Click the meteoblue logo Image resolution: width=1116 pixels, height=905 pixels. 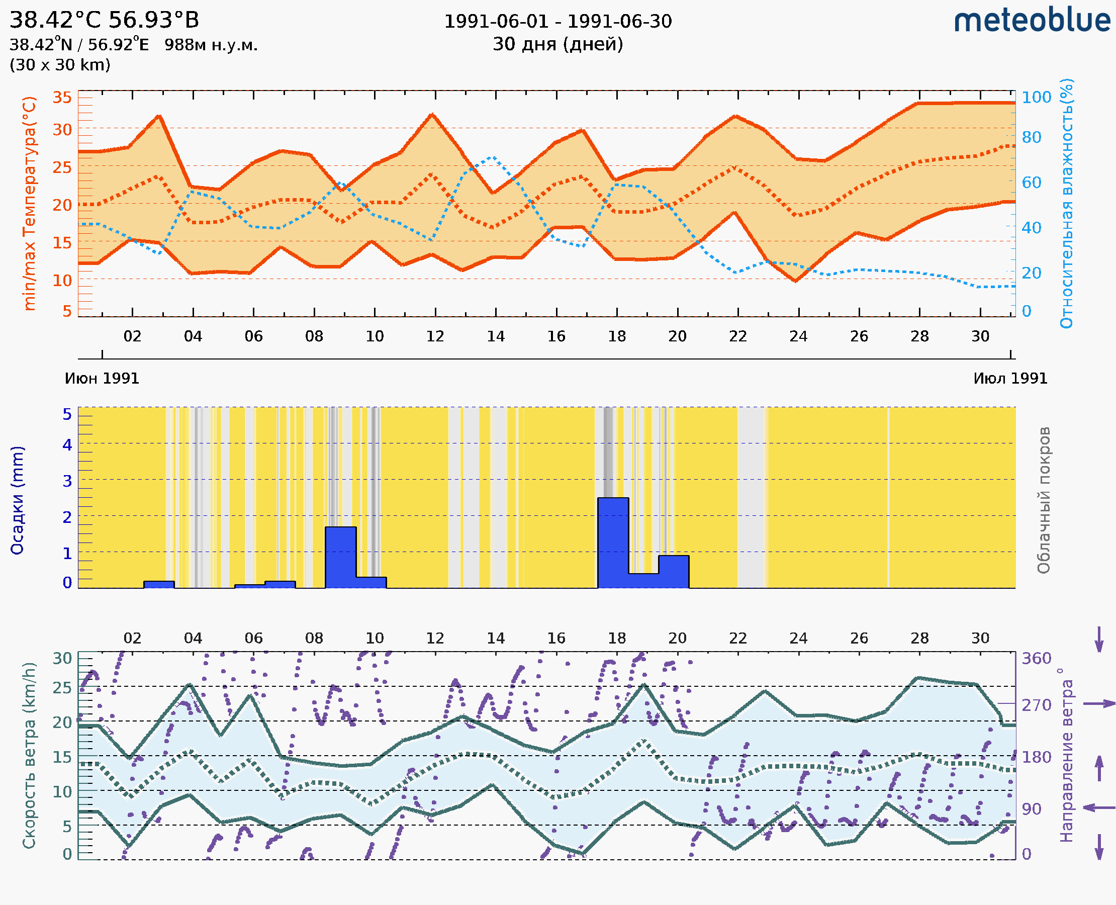pyautogui.click(x=1032, y=21)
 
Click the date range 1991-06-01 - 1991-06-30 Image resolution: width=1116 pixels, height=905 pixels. pyautogui.click(x=557, y=22)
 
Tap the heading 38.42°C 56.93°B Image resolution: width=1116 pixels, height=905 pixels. pyautogui.click(x=104, y=20)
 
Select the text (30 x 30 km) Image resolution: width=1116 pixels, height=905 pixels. pyautogui.click(x=60, y=65)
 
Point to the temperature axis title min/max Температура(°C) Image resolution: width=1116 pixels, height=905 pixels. pyautogui.click(x=30, y=203)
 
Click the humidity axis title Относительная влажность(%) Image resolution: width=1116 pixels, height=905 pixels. pyautogui.click(x=1066, y=203)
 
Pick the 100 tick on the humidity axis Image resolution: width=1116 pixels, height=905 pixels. pyautogui.click(x=1036, y=97)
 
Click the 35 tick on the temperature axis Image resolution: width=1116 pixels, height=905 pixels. pyautogui.click(x=62, y=98)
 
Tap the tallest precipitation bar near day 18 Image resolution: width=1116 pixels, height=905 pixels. pyautogui.click(x=613, y=542)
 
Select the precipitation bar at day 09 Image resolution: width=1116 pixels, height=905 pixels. pyautogui.click(x=341, y=557)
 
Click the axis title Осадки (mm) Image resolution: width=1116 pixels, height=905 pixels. pyautogui.click(x=17, y=500)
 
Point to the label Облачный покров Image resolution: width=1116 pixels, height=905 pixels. pyautogui.click(x=1044, y=500)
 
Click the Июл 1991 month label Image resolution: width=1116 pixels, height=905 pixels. pyautogui.click(x=1010, y=379)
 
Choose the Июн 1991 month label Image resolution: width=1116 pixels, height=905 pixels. pyautogui.click(x=102, y=379)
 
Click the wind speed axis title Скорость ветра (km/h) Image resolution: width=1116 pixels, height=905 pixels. pyautogui.click(x=29, y=755)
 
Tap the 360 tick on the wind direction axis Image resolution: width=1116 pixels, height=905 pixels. pyautogui.click(x=1036, y=659)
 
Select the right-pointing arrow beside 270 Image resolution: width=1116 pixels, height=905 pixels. pyautogui.click(x=1099, y=704)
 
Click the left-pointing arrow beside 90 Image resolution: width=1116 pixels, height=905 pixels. pyautogui.click(x=1099, y=808)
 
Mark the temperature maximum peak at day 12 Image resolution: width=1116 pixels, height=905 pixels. pyautogui.click(x=432, y=114)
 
